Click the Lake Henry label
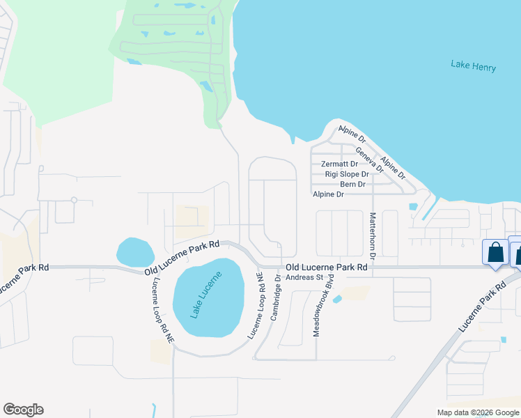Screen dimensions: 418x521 point(473,66)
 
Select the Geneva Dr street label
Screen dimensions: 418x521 point(370,160)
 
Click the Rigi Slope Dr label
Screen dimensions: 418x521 point(346,174)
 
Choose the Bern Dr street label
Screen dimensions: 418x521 point(353,185)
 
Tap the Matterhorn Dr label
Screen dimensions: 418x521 point(373,235)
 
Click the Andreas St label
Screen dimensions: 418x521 point(306,277)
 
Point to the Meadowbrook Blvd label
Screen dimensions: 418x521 point(319,305)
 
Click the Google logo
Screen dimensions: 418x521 point(23,410)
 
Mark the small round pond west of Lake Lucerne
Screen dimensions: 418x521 point(135,251)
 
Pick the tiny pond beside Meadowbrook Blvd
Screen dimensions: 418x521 point(338,300)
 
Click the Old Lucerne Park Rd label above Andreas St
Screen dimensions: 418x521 point(326,267)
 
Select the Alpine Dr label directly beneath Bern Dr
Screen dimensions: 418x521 point(328,194)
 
